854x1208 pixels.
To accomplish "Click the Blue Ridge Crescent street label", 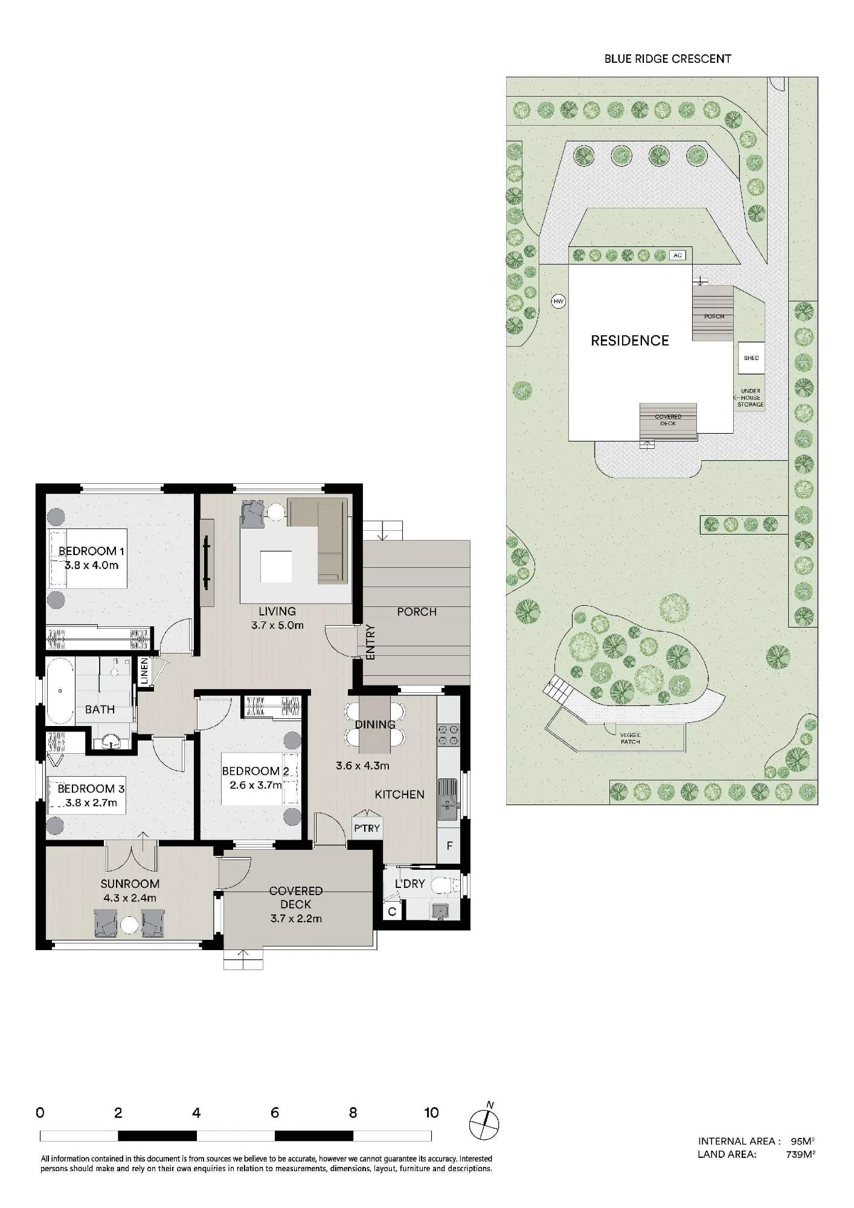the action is [667, 59].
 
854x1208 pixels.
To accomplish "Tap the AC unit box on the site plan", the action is [678, 255].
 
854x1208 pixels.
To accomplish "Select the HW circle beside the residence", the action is [559, 301].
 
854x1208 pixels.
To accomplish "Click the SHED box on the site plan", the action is [751, 358].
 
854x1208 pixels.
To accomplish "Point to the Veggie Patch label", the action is [630, 738].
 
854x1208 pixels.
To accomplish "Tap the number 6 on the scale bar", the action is [275, 1113].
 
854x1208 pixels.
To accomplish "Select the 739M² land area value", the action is [800, 1154].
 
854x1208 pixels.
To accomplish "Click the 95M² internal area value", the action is [802, 1141].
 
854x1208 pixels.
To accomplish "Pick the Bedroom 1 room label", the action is [91, 551].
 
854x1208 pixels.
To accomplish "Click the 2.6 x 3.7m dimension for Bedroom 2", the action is [255, 785].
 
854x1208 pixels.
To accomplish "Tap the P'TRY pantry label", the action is [367, 828].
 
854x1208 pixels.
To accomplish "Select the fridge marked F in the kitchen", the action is [449, 846].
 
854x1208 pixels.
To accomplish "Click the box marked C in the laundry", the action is [392, 911].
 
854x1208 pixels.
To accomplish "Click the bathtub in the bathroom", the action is [60, 691].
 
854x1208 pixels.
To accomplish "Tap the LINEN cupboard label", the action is [144, 671].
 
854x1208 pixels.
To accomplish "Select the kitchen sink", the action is [448, 799].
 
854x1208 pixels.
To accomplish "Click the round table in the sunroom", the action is [129, 925].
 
